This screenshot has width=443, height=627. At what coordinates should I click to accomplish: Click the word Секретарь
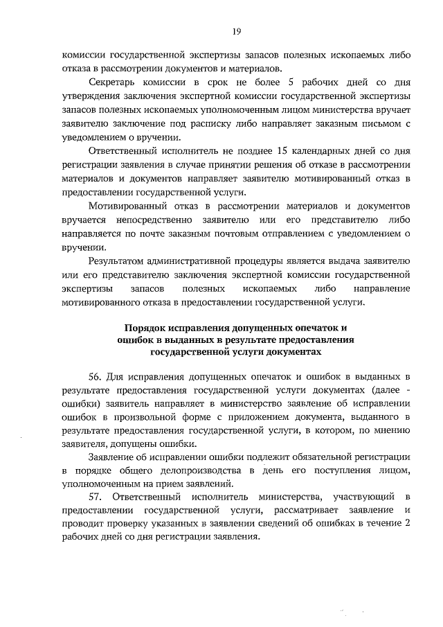click(x=113, y=82)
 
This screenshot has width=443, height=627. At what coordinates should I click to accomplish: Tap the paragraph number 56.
click(x=96, y=377)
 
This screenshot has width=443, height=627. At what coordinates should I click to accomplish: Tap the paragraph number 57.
click(x=96, y=497)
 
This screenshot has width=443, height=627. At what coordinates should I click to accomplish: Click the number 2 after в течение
click(x=408, y=524)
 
